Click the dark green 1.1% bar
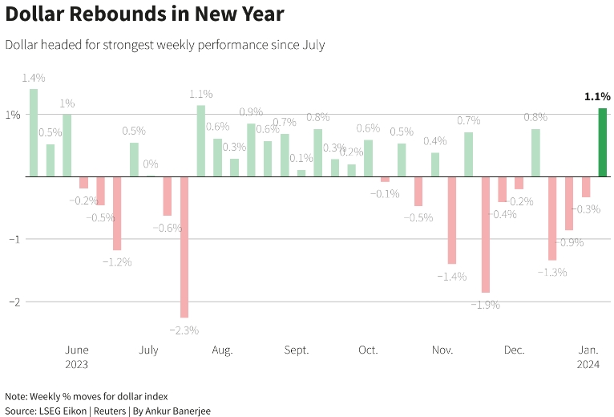[602, 142]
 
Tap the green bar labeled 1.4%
[34, 132]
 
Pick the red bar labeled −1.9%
[485, 234]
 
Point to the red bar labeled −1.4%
[451, 220]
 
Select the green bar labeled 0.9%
[251, 150]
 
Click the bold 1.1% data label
[597, 96]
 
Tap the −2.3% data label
[184, 330]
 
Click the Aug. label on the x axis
[222, 350]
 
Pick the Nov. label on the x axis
[442, 350]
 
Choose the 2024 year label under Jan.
[589, 364]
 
